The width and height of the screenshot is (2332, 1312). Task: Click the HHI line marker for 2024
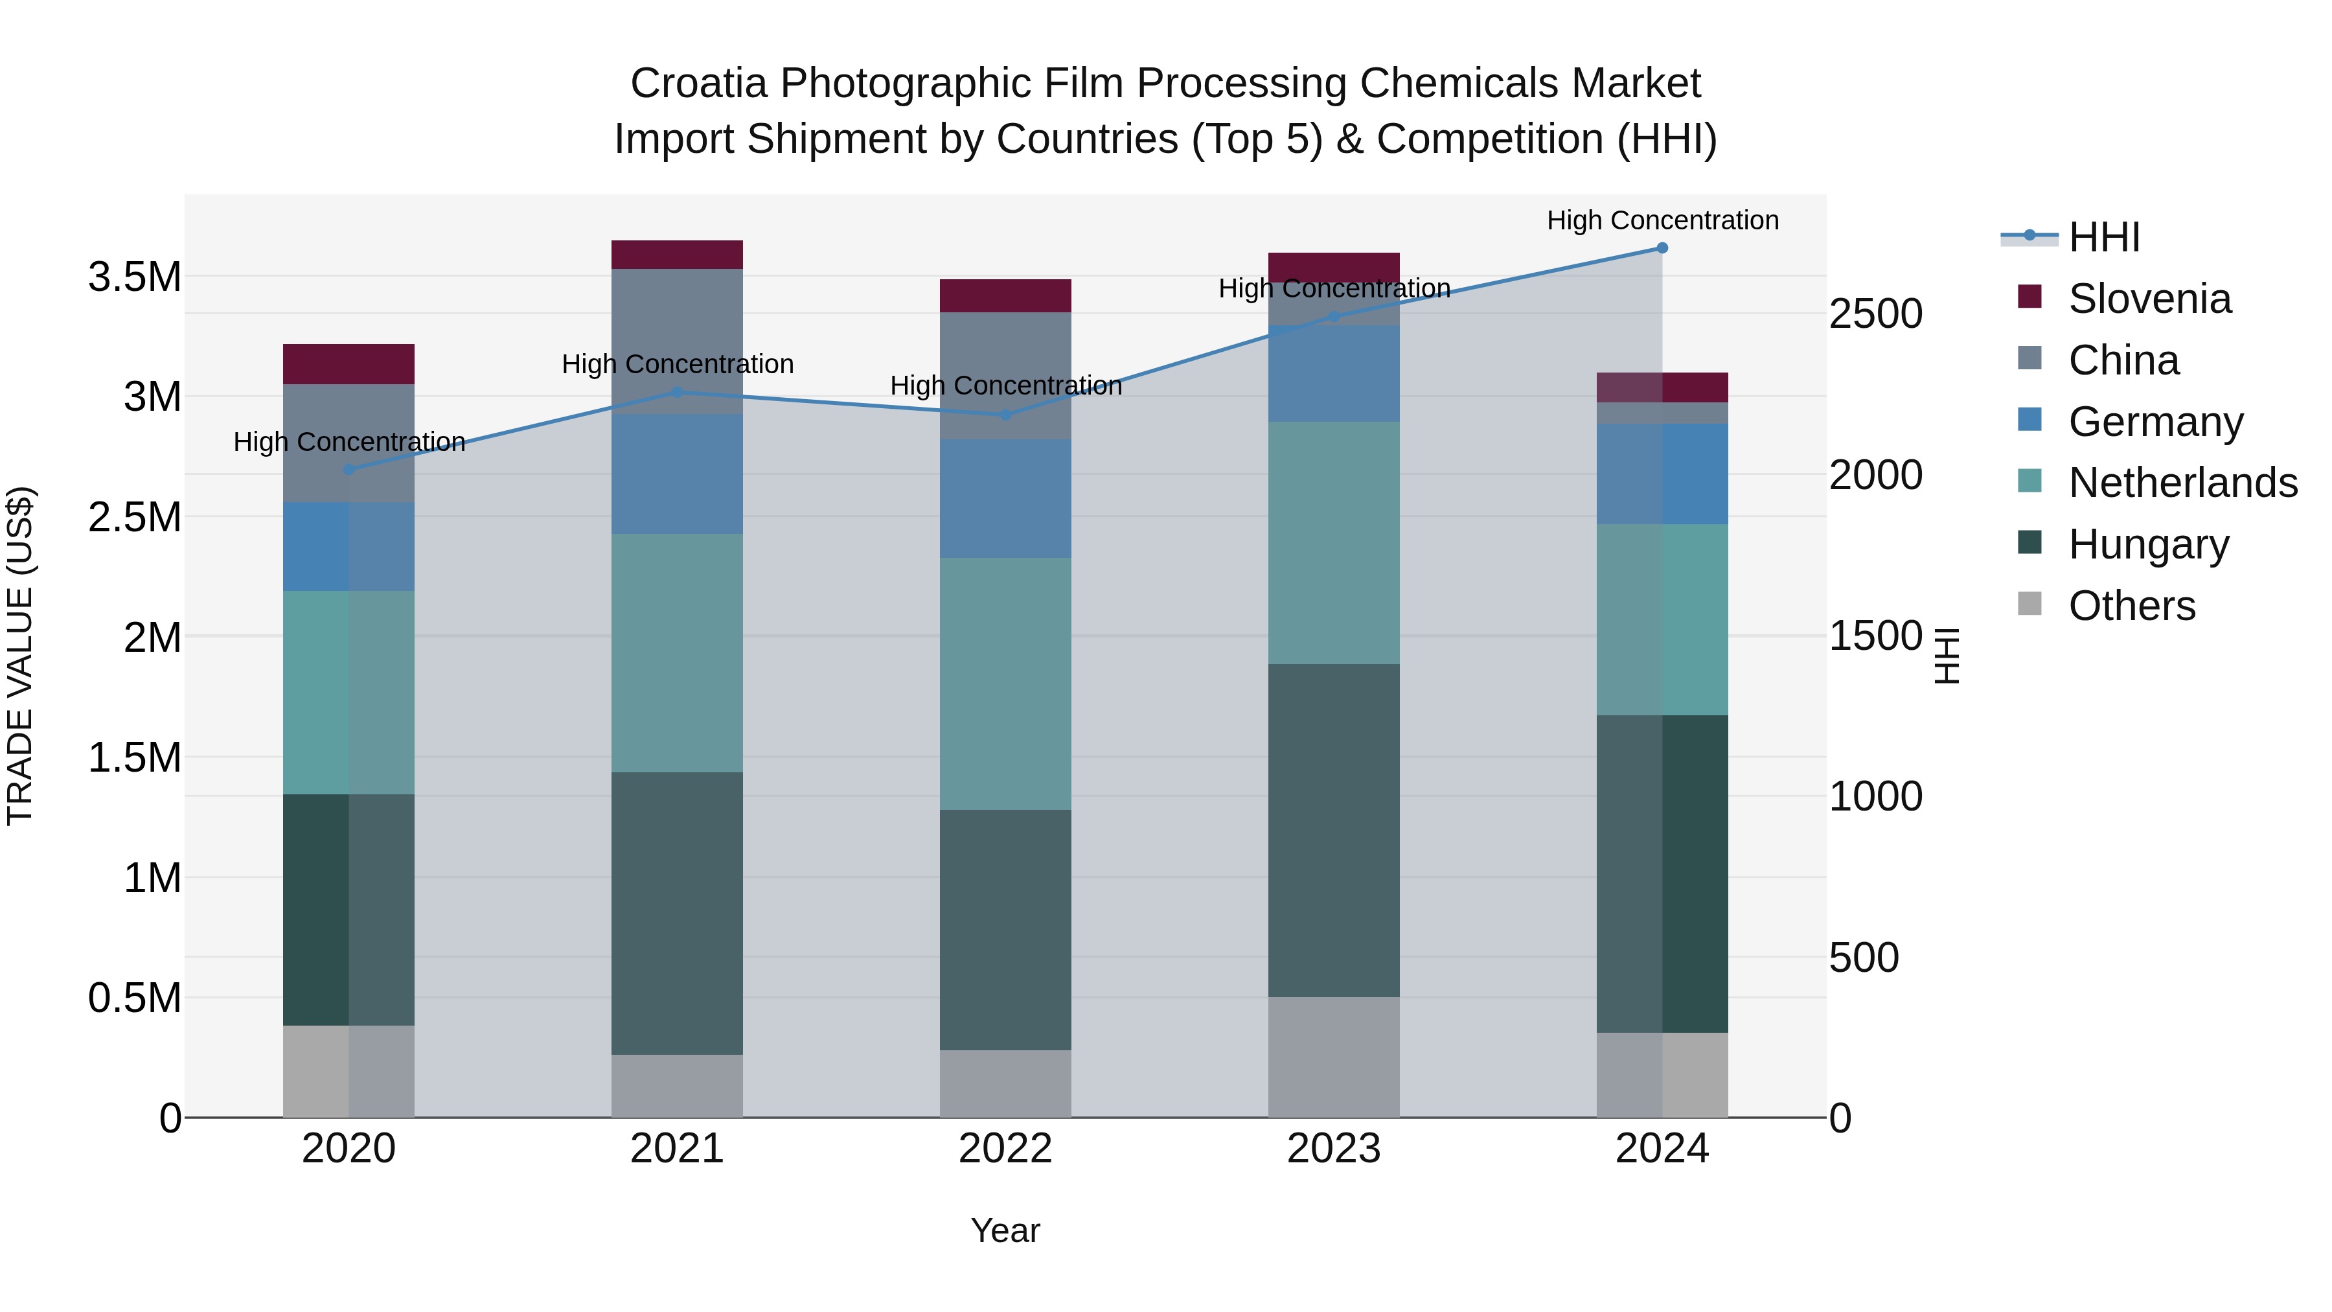click(x=1662, y=248)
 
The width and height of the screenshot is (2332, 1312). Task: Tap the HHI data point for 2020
click(x=349, y=470)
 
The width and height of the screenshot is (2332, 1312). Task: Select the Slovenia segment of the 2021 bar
click(x=677, y=255)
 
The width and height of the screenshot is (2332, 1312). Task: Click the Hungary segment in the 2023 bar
click(x=1334, y=831)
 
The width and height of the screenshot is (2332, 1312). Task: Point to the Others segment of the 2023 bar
click(x=1334, y=1057)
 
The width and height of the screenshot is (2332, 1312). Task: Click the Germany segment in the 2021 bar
click(x=677, y=474)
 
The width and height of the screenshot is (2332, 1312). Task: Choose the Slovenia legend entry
click(x=2149, y=299)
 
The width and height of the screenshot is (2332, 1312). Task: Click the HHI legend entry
click(x=2104, y=237)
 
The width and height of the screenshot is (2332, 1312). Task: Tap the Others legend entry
click(x=2131, y=606)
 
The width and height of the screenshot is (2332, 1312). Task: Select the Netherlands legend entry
click(x=2182, y=483)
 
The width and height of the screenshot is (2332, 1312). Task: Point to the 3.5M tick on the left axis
click(x=135, y=277)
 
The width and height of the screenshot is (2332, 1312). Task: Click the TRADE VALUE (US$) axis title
click(x=20, y=656)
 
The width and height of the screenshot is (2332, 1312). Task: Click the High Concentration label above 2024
click(x=1662, y=220)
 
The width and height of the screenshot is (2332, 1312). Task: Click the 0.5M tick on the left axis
click(x=135, y=998)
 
